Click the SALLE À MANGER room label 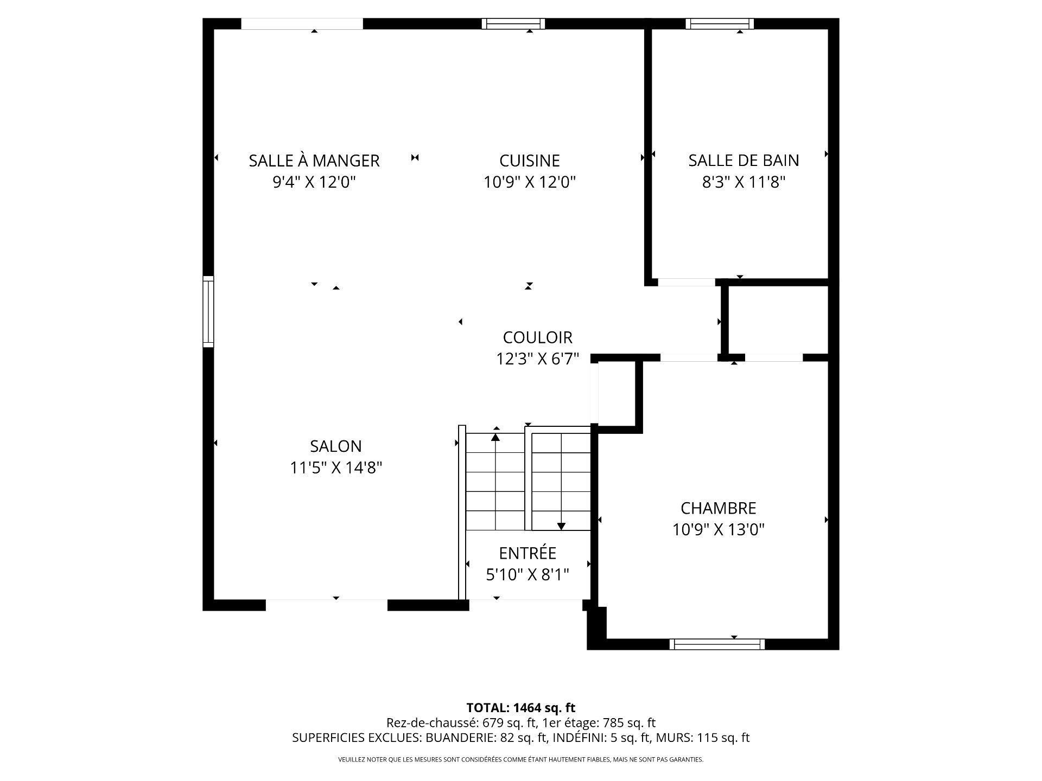[x=314, y=161]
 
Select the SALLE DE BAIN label [x=744, y=161]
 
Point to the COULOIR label [x=537, y=337]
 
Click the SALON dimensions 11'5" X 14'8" [x=336, y=468]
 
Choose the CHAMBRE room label [x=718, y=508]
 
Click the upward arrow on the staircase [x=495, y=436]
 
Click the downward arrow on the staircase [x=561, y=526]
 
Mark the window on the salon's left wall [x=208, y=311]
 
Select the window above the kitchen [x=513, y=23]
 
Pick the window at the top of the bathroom [x=719, y=23]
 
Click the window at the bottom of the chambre [x=716, y=644]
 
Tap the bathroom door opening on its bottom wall [x=686, y=282]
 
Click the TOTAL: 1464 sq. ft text [x=520, y=708]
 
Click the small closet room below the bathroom [x=777, y=320]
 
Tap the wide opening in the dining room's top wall [x=302, y=23]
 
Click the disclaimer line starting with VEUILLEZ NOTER [x=520, y=760]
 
